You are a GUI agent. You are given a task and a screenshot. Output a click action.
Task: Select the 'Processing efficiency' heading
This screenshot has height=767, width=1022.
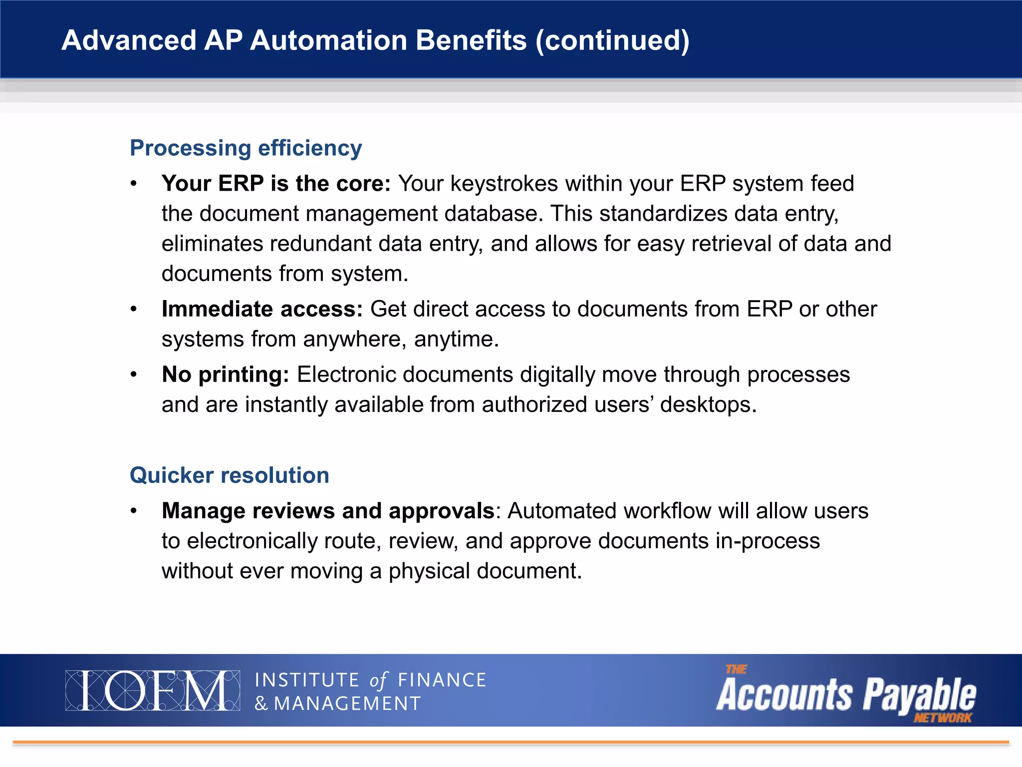246,148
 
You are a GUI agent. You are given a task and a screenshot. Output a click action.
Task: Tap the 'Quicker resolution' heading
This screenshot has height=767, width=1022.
229,475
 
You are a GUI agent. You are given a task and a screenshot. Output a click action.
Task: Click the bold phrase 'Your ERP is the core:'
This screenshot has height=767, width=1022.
276,184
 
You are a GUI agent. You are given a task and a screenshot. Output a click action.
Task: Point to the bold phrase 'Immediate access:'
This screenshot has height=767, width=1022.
262,309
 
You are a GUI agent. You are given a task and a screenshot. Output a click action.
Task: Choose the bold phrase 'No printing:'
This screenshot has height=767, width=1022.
225,375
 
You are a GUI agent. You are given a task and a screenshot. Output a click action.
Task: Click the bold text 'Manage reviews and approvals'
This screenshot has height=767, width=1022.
328,511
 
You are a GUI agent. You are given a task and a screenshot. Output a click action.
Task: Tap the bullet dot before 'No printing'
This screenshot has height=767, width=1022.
133,375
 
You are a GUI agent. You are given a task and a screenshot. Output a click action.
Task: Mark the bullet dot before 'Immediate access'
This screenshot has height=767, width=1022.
133,309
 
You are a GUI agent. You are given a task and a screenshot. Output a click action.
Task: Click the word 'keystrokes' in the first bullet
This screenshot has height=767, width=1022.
504,184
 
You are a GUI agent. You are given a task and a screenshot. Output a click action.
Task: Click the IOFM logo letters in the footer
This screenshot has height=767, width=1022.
152,691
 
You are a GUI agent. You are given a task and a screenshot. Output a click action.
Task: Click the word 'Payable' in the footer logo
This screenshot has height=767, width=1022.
919,695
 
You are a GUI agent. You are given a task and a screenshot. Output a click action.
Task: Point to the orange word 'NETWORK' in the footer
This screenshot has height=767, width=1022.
942,718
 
